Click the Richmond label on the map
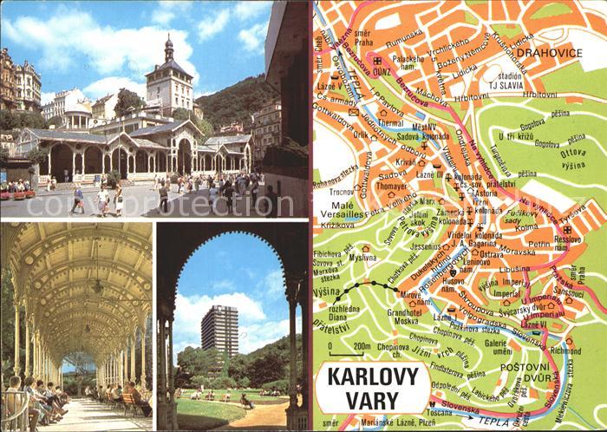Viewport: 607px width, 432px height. [x=565, y=351]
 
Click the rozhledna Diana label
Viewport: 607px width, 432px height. [x=333, y=311]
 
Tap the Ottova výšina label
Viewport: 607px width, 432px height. [x=572, y=158]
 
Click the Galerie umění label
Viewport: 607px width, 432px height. [x=498, y=346]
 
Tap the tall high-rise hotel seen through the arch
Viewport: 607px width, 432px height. [x=220, y=330]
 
